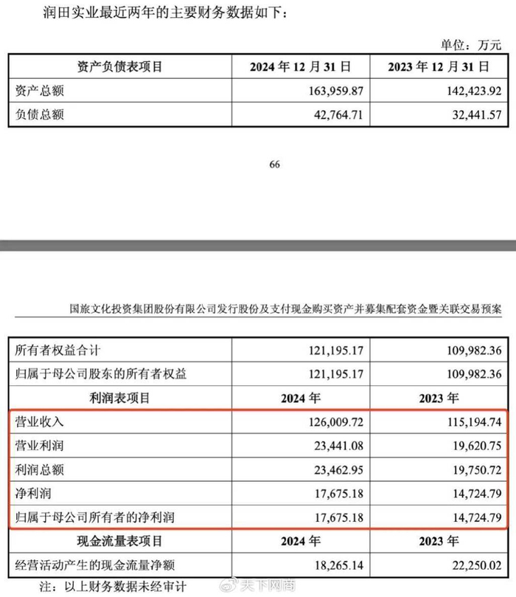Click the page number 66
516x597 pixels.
coord(274,165)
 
